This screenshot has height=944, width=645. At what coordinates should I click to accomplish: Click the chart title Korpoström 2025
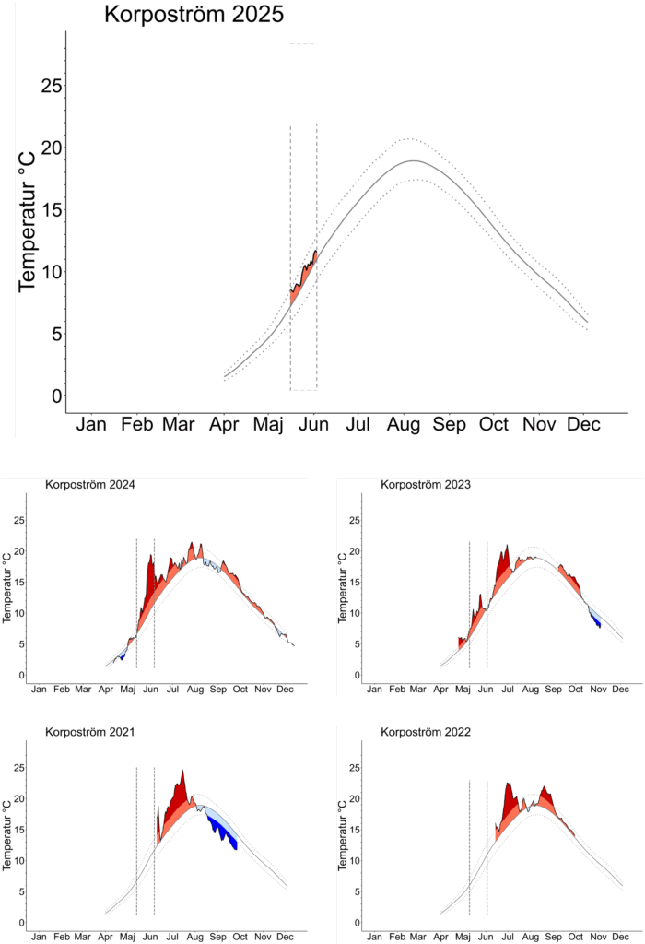(x=193, y=16)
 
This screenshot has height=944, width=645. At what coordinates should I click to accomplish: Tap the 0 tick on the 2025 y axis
(x=56, y=395)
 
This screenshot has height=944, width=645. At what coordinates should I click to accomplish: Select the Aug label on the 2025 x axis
(x=404, y=424)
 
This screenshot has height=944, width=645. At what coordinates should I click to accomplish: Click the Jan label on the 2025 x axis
(x=91, y=424)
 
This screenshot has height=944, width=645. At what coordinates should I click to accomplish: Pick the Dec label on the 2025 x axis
(x=583, y=424)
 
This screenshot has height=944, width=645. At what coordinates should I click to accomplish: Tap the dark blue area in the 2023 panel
(x=597, y=620)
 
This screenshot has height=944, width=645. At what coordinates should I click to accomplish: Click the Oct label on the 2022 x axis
(x=575, y=936)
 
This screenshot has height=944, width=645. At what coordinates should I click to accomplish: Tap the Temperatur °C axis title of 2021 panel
(x=7, y=836)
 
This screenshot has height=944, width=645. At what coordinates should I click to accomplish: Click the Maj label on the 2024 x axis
(x=128, y=689)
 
